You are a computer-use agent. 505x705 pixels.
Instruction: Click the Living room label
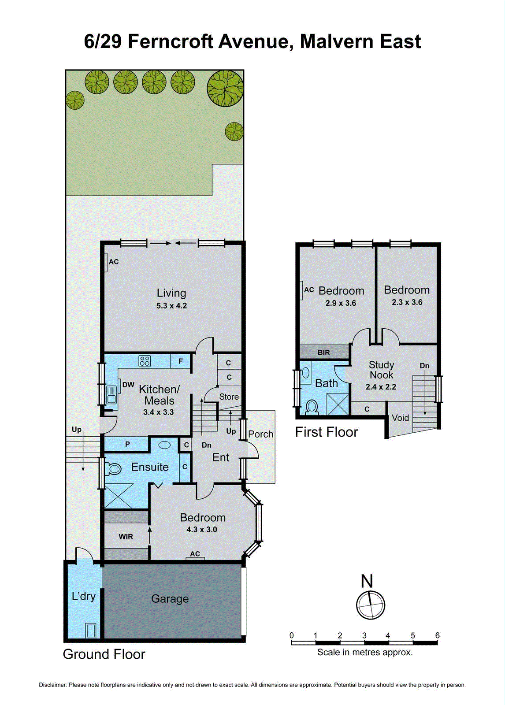click(x=171, y=293)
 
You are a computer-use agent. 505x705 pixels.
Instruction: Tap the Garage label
click(x=170, y=599)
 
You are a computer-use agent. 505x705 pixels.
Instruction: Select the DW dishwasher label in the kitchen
click(x=128, y=385)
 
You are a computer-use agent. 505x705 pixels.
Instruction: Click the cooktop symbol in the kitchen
click(x=145, y=361)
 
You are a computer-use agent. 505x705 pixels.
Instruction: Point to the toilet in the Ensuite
click(x=113, y=469)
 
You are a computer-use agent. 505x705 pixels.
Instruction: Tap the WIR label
click(x=126, y=537)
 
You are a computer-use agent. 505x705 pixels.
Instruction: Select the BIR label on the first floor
click(x=323, y=352)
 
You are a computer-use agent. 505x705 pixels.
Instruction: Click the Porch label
click(x=260, y=434)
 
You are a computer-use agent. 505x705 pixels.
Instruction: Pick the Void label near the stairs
click(x=400, y=418)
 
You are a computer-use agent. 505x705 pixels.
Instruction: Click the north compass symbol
click(x=370, y=605)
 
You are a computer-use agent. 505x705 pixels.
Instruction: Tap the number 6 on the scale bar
click(x=437, y=635)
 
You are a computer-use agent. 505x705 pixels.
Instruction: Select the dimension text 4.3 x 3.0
click(x=202, y=530)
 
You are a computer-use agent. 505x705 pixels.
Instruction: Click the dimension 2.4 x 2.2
click(x=381, y=387)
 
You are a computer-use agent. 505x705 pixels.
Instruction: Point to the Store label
click(x=229, y=397)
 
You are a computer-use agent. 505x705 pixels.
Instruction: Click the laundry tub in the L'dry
click(x=91, y=631)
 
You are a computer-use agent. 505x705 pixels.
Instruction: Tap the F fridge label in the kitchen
click(x=181, y=361)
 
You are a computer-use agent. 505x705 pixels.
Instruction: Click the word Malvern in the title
click(x=337, y=41)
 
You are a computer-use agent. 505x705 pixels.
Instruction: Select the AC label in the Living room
click(x=114, y=262)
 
